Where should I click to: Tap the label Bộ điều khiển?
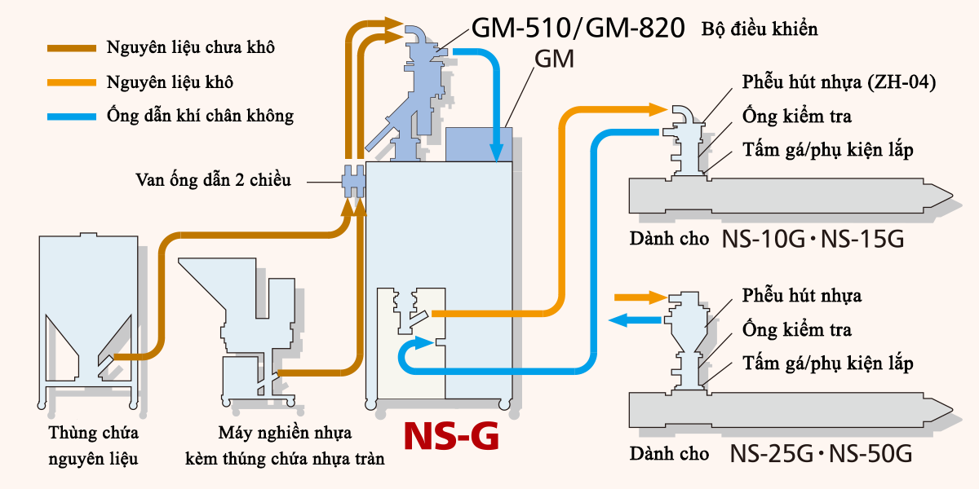(760, 30)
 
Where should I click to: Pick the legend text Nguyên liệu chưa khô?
(190, 47)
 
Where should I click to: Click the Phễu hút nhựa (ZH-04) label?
(839, 82)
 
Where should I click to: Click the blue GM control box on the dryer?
(479, 143)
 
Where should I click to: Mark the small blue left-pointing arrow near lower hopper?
(629, 320)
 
